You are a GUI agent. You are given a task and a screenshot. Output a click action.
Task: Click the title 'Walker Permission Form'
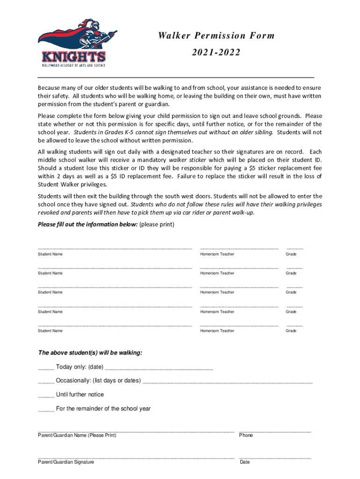216,36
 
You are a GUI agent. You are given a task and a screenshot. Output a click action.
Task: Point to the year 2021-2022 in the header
216,53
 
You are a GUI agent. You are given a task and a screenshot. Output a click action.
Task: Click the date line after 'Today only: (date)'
159,369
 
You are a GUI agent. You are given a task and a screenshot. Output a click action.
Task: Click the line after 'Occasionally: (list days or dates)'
227,383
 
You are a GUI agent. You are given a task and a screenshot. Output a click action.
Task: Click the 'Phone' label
245,435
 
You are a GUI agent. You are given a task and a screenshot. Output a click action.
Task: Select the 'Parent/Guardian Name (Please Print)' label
77,435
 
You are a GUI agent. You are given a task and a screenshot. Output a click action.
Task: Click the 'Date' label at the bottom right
245,462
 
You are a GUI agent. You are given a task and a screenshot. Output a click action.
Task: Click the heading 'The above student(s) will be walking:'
90,353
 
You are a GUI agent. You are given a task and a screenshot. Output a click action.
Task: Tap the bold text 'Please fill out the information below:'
87,225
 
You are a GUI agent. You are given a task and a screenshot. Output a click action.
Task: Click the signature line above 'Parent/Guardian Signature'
136,457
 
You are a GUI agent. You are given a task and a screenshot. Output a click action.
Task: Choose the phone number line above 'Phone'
274,430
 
